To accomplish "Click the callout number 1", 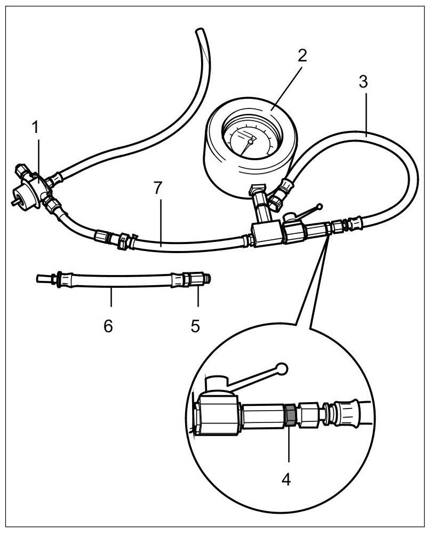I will (35, 128).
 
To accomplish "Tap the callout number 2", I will (302, 56).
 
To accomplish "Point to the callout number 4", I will (286, 479).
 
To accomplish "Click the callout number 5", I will (196, 325).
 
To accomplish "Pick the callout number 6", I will (108, 326).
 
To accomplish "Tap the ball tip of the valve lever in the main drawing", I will (320, 206).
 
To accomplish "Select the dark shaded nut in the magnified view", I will (288, 415).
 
